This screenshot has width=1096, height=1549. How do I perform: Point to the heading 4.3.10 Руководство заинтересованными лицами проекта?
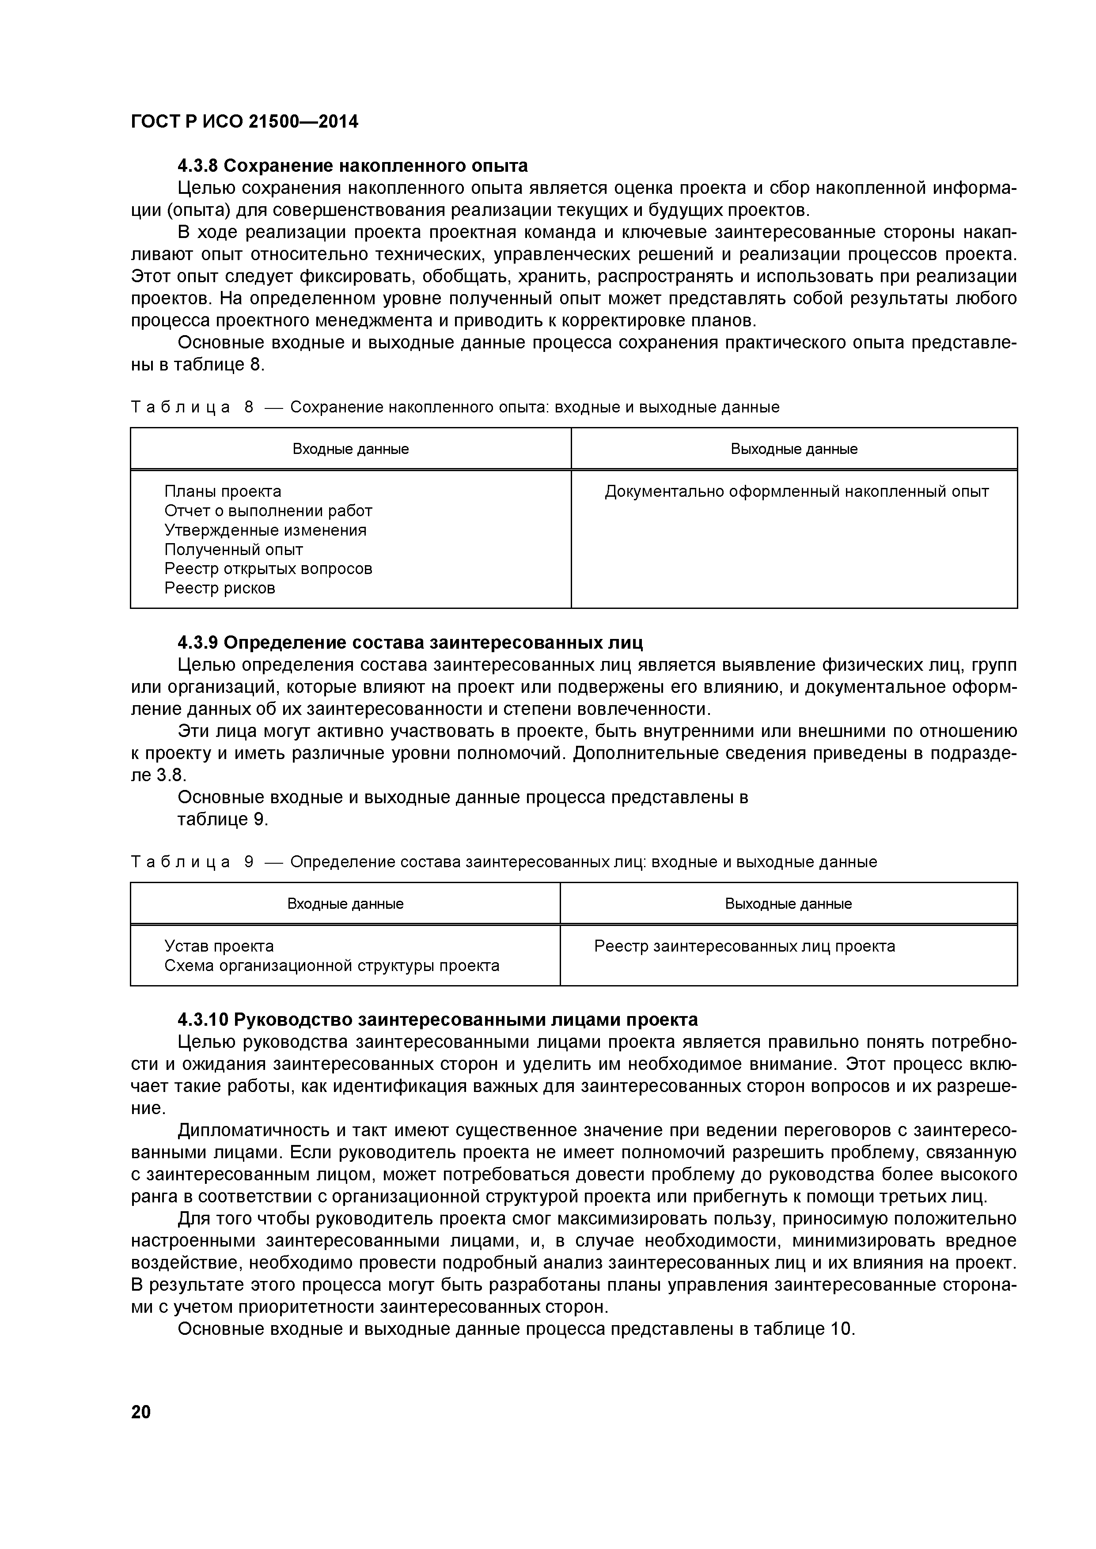pyautogui.click(x=437, y=1019)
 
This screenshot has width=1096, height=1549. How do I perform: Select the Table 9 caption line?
pyautogui.click(x=504, y=862)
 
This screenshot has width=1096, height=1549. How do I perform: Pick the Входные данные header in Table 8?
pyautogui.click(x=350, y=450)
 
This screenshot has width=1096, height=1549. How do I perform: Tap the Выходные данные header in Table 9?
pyautogui.click(x=788, y=904)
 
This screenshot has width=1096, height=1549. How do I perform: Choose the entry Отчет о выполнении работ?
pyautogui.click(x=268, y=511)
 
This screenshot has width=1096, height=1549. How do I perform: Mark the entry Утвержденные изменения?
pyautogui.click(x=265, y=530)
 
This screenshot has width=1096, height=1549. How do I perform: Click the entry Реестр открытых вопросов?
pyautogui.click(x=268, y=569)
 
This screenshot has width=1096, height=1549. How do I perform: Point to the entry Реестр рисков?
pyautogui.click(x=220, y=588)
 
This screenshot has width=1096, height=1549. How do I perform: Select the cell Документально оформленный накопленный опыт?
pyautogui.click(x=796, y=492)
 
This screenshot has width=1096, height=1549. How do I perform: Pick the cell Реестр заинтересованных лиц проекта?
pyautogui.click(x=744, y=947)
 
